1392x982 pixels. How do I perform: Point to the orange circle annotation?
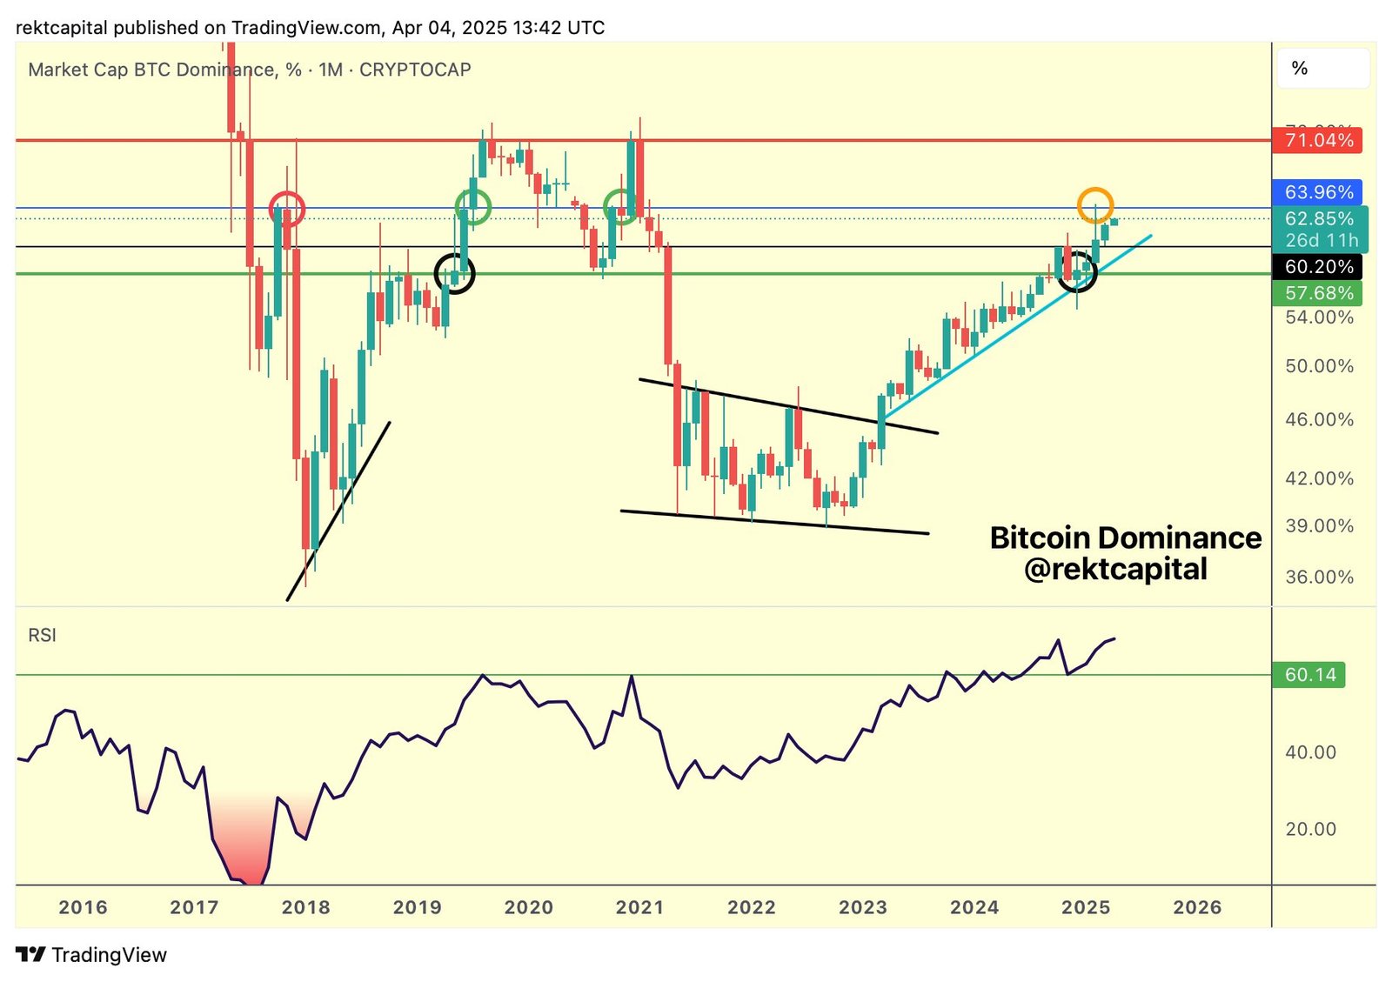1094,205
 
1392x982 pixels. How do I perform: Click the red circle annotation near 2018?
286,209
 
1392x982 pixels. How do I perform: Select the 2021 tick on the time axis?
639,907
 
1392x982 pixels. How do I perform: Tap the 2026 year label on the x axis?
1197,907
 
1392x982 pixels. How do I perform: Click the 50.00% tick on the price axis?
1319,366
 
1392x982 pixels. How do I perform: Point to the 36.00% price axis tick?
1319,577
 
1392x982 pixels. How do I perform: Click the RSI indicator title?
42,636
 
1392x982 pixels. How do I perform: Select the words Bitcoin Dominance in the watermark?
1125,538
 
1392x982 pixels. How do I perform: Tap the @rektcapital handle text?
1115,569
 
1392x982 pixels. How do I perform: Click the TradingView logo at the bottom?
91,955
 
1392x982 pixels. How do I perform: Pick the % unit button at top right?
1300,69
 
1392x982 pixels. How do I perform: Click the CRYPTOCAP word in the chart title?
415,70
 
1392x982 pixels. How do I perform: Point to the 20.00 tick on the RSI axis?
1310,829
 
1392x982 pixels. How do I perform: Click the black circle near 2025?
1077,271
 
